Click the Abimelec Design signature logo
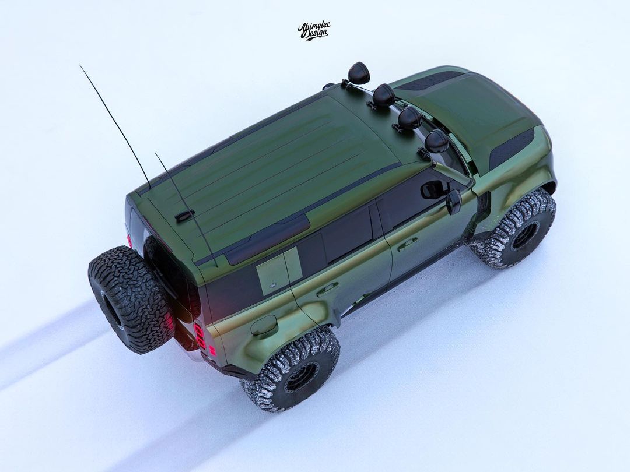[314, 31]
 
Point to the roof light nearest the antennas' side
[358, 73]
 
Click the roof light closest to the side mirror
[437, 141]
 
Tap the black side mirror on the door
[454, 202]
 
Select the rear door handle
[328, 289]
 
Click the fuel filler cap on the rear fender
[264, 325]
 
